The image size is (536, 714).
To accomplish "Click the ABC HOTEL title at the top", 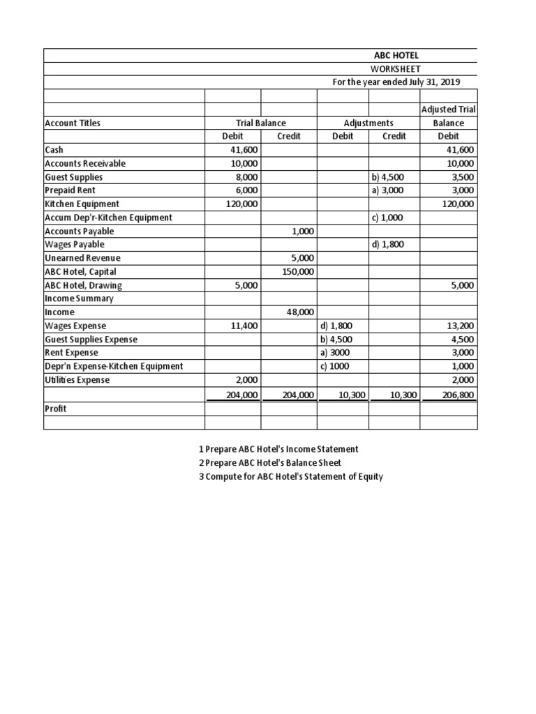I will coord(396,55).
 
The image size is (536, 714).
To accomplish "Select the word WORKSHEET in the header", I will coord(396,68).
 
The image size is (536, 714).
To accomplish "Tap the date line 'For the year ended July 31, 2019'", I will coord(396,82).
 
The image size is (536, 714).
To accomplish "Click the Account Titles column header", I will coord(73,123).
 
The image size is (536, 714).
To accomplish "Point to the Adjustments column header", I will coord(368,123).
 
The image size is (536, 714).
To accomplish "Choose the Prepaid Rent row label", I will coord(70,190).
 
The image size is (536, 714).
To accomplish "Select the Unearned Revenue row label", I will coord(82,258).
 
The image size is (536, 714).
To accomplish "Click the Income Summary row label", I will coord(79,298).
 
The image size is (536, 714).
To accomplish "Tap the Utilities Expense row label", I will coord(77,380).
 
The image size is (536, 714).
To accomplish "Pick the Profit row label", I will coord(56,409).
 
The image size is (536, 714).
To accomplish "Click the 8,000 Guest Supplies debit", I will coord(246,177).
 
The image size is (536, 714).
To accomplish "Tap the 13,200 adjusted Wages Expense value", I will coord(460,326).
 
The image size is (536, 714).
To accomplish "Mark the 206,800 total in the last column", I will coord(458,395).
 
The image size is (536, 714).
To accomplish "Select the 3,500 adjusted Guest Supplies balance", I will coord(462,177).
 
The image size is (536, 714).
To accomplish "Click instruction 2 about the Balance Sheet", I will coord(270,463).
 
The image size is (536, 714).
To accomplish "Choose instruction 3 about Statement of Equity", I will coord(291,477).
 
